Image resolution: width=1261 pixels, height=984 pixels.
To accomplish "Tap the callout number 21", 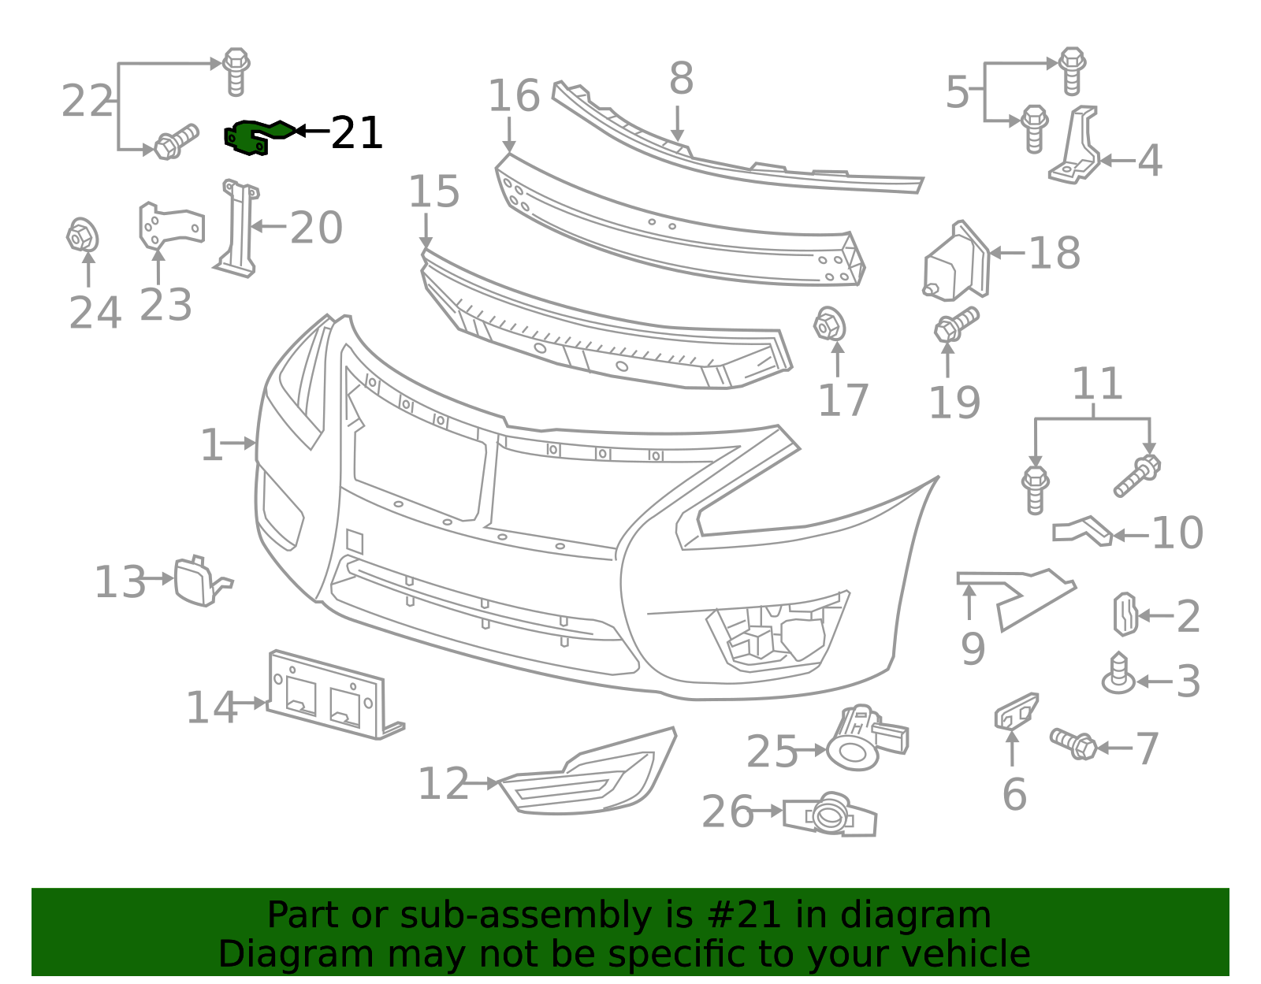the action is pyautogui.click(x=356, y=133).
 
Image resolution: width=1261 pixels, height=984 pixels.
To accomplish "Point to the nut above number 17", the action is pyautogui.click(x=829, y=324).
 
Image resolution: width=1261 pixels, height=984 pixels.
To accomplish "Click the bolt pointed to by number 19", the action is pyautogui.click(x=956, y=324).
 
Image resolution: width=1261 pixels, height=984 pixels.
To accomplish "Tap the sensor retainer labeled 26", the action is pyautogui.click(x=829, y=814).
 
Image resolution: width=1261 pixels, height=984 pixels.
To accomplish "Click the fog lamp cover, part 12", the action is pyautogui.click(x=586, y=772).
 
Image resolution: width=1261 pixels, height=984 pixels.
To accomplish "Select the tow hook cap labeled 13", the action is pyautogui.click(x=201, y=581).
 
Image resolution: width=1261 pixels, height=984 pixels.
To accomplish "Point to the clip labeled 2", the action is pyautogui.click(x=1125, y=615).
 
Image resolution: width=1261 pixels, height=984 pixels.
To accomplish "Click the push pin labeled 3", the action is pyautogui.click(x=1118, y=674).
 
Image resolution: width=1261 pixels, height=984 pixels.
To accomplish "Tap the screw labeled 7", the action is pyautogui.click(x=1073, y=744).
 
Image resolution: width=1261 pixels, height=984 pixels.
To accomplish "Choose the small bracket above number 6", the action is pyautogui.click(x=1016, y=712).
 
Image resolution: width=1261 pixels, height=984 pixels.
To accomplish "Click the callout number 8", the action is pyautogui.click(x=681, y=78).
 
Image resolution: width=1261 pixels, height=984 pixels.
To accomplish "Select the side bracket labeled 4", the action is pyautogui.click(x=1075, y=145).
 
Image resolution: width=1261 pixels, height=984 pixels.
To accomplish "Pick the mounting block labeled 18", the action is pyautogui.click(x=956, y=262).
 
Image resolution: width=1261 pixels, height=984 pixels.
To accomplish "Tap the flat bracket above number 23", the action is pyautogui.click(x=170, y=225).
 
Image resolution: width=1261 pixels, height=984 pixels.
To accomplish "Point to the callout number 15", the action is pyautogui.click(x=434, y=191).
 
